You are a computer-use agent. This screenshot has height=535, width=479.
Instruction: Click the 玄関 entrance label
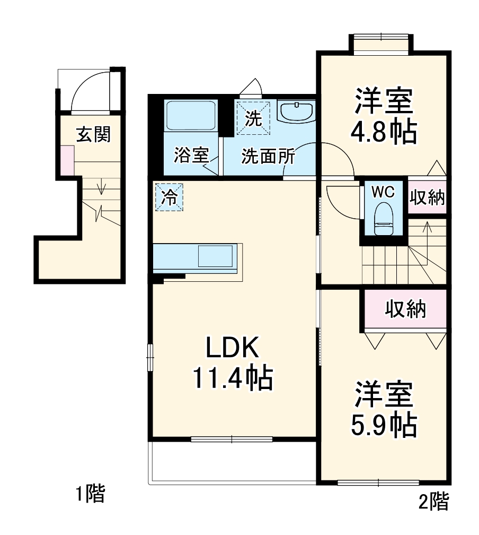[x=94, y=134]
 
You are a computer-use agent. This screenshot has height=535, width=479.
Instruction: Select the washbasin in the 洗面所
[x=296, y=112]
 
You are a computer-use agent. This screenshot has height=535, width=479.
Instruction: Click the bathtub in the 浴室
[x=191, y=117]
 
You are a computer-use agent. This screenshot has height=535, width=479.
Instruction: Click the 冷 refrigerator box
[x=168, y=197]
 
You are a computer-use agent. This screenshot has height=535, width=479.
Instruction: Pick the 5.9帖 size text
[x=383, y=423]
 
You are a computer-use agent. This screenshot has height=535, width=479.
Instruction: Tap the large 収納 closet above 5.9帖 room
[x=405, y=309]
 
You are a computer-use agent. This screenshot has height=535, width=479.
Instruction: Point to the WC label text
[x=383, y=192]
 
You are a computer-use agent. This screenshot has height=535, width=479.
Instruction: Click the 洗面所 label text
[x=268, y=157]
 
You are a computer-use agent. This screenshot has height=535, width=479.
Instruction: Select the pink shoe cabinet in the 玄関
[x=67, y=160]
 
